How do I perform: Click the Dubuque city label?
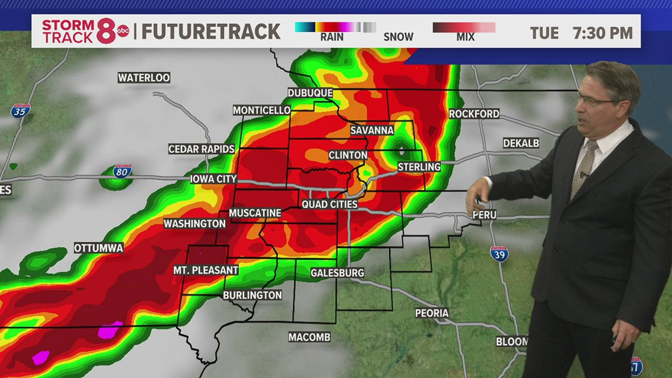click(x=310, y=93)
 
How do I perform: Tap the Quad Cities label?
click(x=330, y=204)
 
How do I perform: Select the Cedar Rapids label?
click(x=202, y=149)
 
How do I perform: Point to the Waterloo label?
click(x=144, y=78)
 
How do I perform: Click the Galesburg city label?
click(x=337, y=272)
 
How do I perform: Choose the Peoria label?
click(x=431, y=313)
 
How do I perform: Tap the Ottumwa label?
click(x=98, y=248)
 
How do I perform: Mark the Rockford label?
click(x=474, y=114)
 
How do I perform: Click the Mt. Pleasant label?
click(x=206, y=270)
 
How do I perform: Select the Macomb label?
click(x=309, y=337)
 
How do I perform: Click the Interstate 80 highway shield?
click(x=123, y=172)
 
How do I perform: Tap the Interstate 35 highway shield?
click(x=20, y=110)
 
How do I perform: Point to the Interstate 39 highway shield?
click(x=499, y=254)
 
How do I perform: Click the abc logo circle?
click(x=123, y=31)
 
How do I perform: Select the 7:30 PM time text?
click(x=602, y=33)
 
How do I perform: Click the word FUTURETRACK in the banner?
click(x=211, y=31)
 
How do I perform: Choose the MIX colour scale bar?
click(x=464, y=27)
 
